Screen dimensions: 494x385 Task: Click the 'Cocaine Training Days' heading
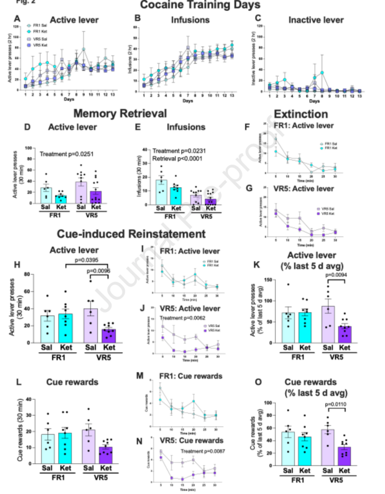[x=200, y=5]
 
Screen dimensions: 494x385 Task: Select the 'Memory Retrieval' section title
[x=120, y=114]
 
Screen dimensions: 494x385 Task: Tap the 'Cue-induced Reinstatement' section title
[x=131, y=234]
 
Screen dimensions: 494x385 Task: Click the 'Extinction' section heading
[x=301, y=114]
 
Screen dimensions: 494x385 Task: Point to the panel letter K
[x=256, y=265]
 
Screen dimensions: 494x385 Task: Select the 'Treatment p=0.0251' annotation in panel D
[x=67, y=154]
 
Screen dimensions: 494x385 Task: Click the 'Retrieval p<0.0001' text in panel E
[x=177, y=159]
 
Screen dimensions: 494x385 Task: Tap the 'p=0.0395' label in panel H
[x=87, y=260]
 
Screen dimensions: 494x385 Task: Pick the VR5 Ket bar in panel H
[x=109, y=336]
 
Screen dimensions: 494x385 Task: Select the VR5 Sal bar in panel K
[x=328, y=324]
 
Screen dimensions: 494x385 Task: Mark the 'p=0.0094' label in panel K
[x=336, y=275]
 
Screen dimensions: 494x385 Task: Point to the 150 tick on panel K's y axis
[x=268, y=280]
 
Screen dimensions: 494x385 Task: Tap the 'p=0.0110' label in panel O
[x=335, y=404]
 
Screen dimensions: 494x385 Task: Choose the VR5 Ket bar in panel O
[x=344, y=456]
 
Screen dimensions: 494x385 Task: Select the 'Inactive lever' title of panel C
[x=316, y=20]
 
